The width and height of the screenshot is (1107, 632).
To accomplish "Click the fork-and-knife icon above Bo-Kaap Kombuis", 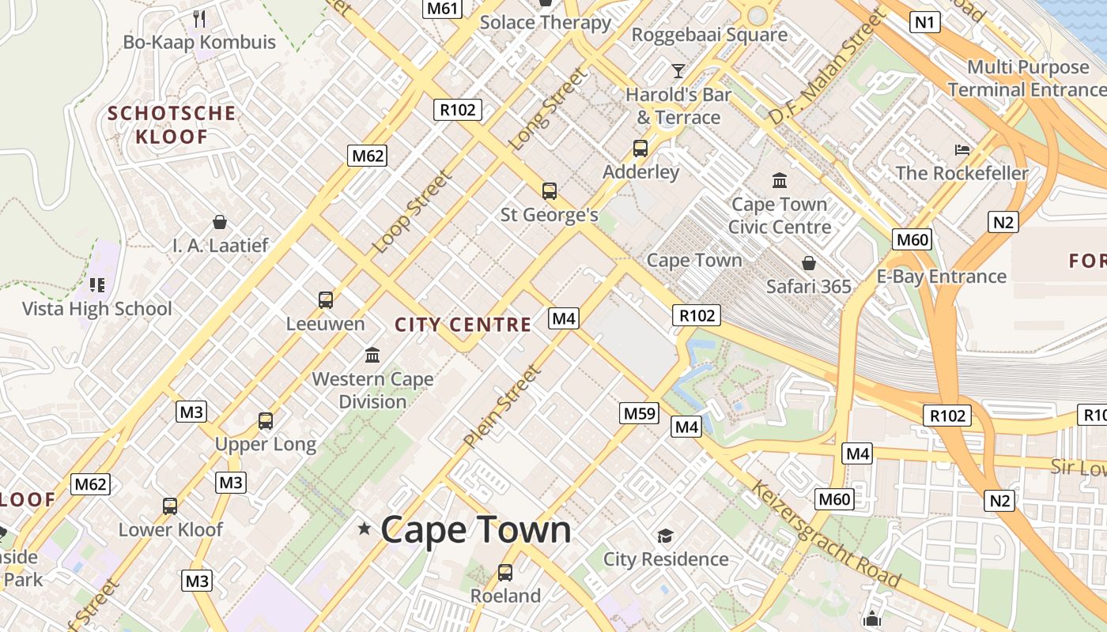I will tap(199, 18).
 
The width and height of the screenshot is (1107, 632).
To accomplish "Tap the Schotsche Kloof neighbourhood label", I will tap(172, 125).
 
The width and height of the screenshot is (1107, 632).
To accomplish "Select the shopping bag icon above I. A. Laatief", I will tap(220, 222).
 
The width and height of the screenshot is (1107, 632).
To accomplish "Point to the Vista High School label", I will tap(96, 309).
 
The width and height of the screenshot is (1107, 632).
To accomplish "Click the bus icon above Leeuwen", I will tap(326, 300).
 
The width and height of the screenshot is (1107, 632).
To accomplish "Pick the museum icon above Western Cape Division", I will tap(372, 355).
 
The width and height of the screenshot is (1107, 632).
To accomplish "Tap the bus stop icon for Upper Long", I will tap(266, 421).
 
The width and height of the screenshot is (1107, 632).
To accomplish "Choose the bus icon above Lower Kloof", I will tap(170, 506).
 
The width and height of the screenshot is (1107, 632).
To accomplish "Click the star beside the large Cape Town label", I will tap(365, 529).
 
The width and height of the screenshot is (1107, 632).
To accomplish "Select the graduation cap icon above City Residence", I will tap(665, 536).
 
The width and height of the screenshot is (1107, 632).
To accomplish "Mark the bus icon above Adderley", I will tap(640, 149).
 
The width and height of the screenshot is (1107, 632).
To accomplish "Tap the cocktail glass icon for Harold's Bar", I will tap(678, 71).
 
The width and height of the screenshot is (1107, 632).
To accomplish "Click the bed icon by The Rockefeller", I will tap(962, 149).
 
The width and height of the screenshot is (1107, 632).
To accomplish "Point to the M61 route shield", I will tap(442, 9).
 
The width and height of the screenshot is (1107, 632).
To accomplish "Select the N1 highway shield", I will tap(925, 22).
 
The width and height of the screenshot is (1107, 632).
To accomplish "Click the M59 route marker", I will tap(640, 413).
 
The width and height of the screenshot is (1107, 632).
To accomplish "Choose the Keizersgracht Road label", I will tap(826, 534).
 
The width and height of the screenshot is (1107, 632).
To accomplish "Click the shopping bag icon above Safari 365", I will tap(809, 263).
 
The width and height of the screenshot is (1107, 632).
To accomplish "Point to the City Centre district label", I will tap(463, 325).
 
